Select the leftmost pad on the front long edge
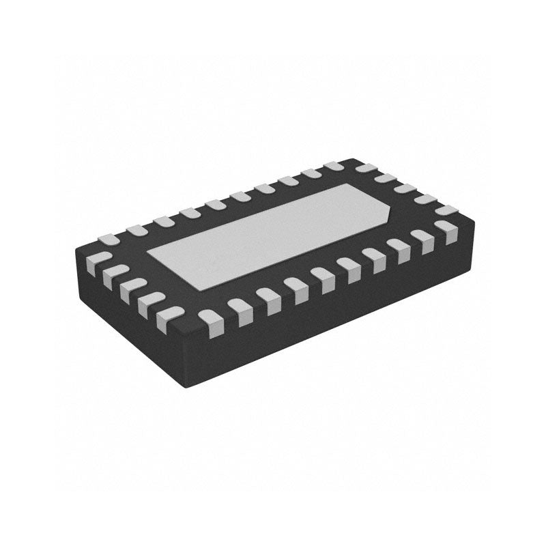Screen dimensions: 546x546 (210, 319)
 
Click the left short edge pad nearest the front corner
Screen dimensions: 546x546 (169, 316)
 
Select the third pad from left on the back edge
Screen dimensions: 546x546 (162, 221)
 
